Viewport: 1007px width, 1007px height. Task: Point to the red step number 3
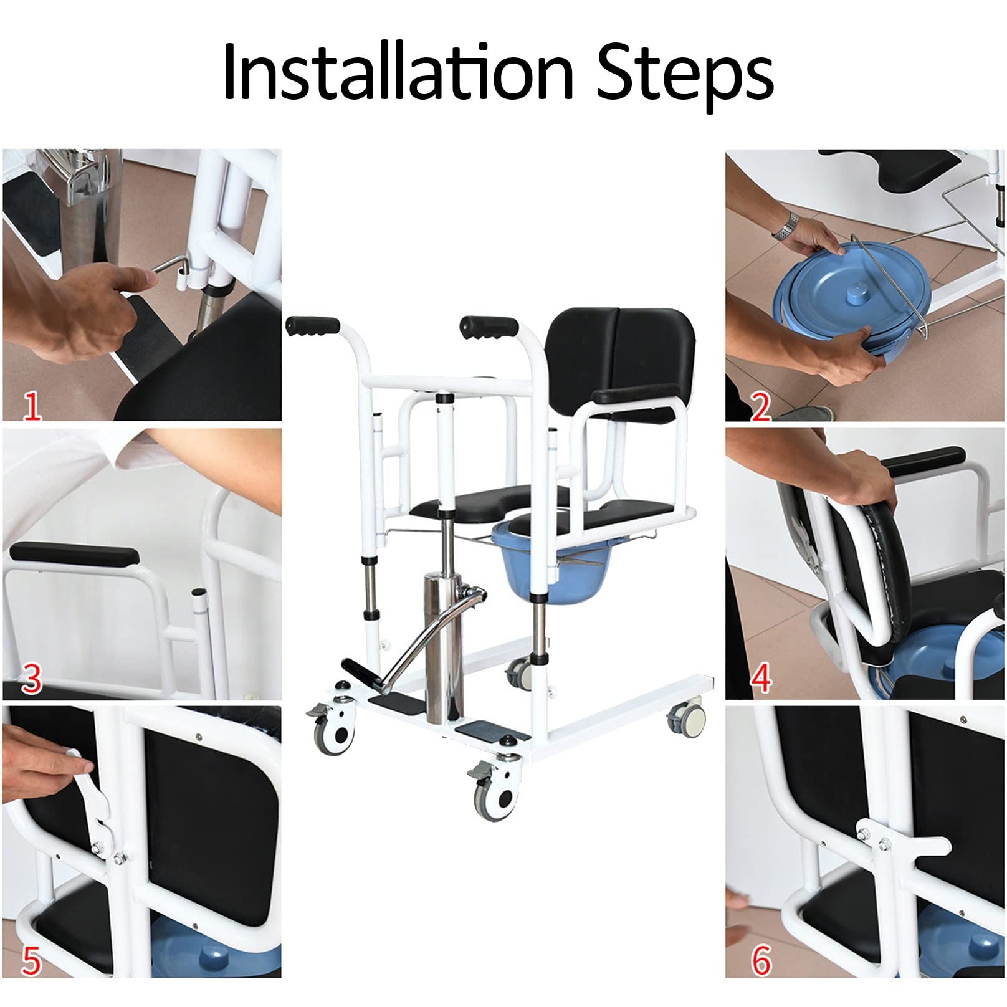[31, 680]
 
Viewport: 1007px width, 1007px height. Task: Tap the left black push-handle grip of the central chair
[313, 326]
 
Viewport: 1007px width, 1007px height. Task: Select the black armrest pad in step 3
[73, 553]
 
